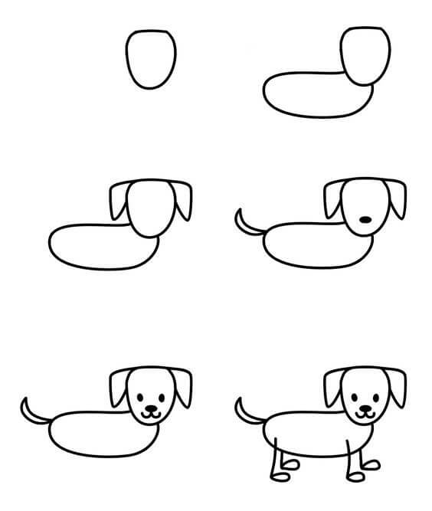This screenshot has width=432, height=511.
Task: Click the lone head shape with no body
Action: (x=150, y=59)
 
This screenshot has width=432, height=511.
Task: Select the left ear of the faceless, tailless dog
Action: (x=119, y=201)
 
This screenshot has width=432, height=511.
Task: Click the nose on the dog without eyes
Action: (x=366, y=220)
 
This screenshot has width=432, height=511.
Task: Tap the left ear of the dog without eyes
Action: (x=333, y=201)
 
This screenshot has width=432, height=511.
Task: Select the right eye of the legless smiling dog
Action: (x=162, y=397)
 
